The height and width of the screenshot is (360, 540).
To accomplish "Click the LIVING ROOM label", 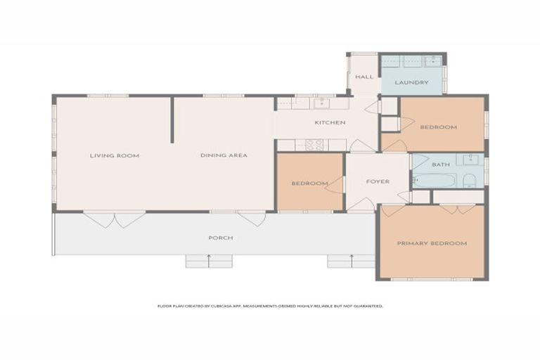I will tap(114, 155).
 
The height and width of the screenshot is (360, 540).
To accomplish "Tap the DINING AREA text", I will tap(224, 155).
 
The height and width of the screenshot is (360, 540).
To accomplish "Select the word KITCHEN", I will tap(329, 123).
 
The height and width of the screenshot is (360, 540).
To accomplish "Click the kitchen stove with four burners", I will tap(314, 145).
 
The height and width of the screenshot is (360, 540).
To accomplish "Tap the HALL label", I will tap(364, 77).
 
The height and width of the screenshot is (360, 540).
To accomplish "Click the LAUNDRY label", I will tap(411, 83).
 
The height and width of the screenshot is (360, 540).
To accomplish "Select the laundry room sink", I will tap(435, 61).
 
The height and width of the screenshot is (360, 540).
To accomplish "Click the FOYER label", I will tap(378, 181).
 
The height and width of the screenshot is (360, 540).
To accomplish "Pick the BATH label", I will tap(441, 165).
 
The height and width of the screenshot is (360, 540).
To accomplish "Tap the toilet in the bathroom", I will tap(469, 181).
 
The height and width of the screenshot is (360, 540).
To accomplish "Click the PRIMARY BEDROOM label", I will tap(432, 243).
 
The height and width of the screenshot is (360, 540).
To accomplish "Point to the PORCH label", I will tap(220, 238).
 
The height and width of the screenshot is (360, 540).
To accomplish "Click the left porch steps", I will tap(209, 261).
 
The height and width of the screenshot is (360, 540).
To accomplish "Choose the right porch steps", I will tap(351, 261).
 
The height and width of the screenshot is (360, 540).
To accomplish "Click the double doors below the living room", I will tap(115, 219).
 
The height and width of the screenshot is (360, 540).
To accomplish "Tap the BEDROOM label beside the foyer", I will tap(309, 184).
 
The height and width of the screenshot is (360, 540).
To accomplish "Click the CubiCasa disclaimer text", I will tap(270, 306).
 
